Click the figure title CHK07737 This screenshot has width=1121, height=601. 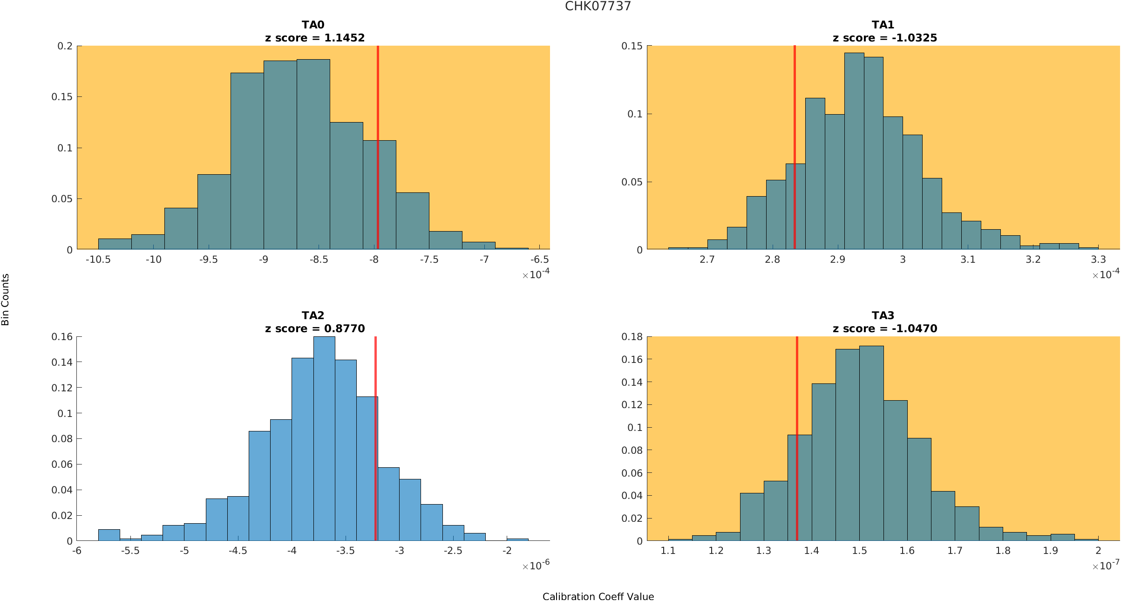point(598,6)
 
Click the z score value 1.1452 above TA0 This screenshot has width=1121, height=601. point(344,38)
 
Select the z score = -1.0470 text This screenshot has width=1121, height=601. point(885,328)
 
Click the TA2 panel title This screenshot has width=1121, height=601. point(313,315)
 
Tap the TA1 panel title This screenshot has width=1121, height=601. point(883,25)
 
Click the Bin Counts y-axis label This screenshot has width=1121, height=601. point(5,299)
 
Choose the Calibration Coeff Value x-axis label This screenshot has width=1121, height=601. point(598,596)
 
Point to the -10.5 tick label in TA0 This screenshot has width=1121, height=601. point(98,260)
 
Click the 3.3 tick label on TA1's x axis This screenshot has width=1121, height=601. point(1098,260)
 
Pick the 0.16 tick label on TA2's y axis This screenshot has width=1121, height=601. point(62,336)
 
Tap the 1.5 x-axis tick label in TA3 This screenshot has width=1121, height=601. point(859,551)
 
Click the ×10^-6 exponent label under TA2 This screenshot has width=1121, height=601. point(536,566)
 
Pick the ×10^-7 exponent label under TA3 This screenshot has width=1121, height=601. point(1106,566)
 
